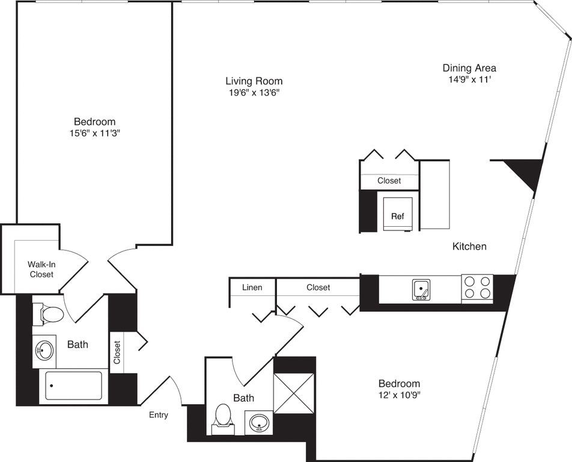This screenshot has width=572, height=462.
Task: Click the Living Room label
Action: tap(254, 81)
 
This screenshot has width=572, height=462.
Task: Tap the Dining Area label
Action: tap(469, 68)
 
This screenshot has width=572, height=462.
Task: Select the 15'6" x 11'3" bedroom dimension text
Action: tap(95, 134)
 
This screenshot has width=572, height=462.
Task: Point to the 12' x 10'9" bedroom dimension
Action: tap(399, 395)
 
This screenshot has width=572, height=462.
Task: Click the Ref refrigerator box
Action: tap(398, 214)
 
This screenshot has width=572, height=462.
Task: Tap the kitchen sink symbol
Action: tap(421, 290)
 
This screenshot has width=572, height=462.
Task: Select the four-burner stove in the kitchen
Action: tap(477, 288)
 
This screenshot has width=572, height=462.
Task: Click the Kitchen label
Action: tap(469, 247)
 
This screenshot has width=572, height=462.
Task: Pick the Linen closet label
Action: tap(252, 288)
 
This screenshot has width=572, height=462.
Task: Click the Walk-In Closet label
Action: tap(41, 269)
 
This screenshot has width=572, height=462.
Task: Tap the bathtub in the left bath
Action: tap(73, 386)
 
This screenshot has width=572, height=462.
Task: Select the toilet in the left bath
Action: tap(49, 314)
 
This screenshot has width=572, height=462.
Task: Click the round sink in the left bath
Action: tap(44, 351)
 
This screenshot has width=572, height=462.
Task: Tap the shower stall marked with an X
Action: tap(294, 393)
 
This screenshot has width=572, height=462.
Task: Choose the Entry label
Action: tap(159, 415)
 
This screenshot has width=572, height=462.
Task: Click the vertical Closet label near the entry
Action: tap(117, 353)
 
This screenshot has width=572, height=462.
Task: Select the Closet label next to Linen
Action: tap(318, 288)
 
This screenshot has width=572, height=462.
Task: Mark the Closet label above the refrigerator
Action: tap(389, 180)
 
